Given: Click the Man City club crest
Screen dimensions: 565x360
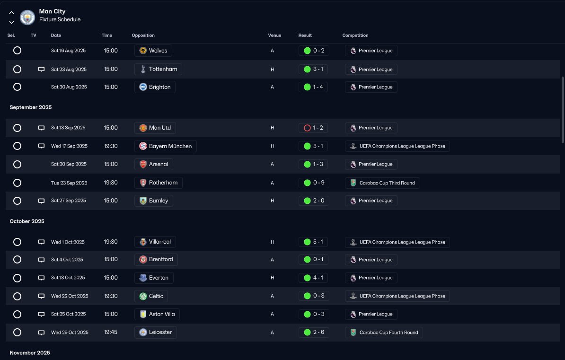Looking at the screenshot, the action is coord(27,17).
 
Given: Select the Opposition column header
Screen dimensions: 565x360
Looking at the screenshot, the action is coord(143,35).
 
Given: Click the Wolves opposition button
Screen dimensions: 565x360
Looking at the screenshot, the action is coord(153,51).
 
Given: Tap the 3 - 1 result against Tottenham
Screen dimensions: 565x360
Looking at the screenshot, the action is coord(313,69).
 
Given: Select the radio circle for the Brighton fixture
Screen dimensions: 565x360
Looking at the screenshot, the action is coord(18,87).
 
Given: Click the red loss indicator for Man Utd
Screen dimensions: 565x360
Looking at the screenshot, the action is coord(308,128).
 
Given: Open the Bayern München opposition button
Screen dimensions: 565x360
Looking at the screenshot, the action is coord(166,146).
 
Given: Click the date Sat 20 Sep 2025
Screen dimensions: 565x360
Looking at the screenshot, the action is coord(69,164).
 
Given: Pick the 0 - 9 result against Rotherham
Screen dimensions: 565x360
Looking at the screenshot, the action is coord(314,183).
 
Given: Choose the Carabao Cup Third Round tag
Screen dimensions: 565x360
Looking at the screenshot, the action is coord(382,183).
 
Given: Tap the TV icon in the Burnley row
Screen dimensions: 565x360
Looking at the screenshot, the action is coord(42,201).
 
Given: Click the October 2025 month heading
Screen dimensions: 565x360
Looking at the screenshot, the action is coord(27,221).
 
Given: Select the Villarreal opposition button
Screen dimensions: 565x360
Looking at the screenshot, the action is coord(155,242).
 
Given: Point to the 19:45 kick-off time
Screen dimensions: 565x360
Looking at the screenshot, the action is coord(111,332).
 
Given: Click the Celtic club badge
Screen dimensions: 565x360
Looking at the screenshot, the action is coord(143,296).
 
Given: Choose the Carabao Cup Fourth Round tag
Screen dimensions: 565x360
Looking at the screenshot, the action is coord(384,333).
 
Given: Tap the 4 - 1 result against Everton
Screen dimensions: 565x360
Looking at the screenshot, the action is coord(313,278).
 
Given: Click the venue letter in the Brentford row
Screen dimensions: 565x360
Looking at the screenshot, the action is coord(272,260).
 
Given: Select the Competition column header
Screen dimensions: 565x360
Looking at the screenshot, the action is coord(355,35).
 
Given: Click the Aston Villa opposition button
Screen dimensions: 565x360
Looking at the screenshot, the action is coord(157,314).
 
